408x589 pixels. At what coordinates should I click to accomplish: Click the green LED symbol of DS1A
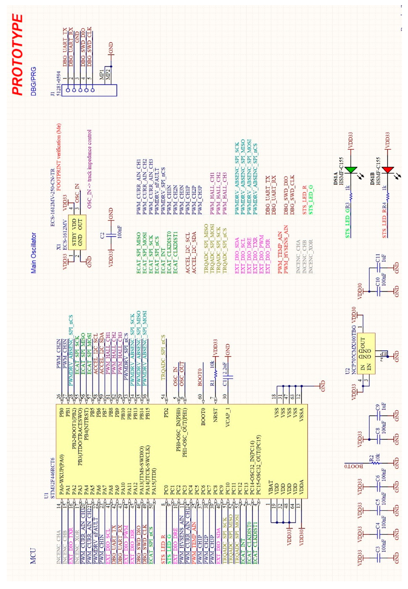pos(351,170)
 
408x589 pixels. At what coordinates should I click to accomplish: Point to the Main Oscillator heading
pos(33,253)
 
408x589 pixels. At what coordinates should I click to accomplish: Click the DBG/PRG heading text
pos(33,81)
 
